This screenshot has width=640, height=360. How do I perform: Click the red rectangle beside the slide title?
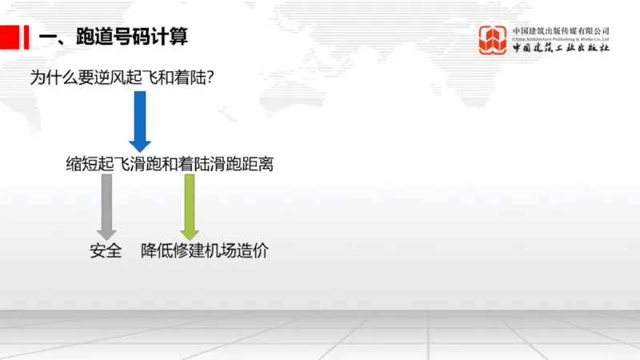tap(10, 37)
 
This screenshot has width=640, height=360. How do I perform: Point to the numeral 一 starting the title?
tap(46, 37)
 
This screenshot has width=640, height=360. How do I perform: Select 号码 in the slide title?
tap(130, 37)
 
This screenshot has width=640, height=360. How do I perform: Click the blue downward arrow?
tap(140, 120)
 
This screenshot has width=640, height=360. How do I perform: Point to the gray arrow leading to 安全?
tap(106, 205)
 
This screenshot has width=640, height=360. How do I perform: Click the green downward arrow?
tap(190, 205)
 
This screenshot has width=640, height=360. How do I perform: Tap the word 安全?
tap(106, 250)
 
